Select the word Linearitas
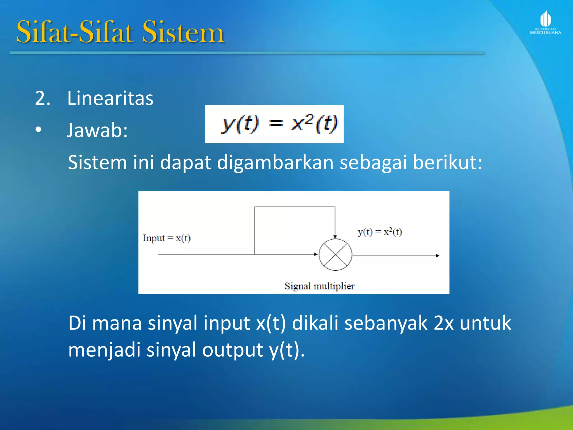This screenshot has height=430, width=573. pyautogui.click(x=110, y=98)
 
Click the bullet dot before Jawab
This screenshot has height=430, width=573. pyautogui.click(x=38, y=130)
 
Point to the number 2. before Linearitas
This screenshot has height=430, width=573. pyautogui.click(x=43, y=98)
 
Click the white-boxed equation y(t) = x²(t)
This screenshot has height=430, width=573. pyautogui.click(x=274, y=124)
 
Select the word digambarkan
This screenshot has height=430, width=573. pyautogui.click(x=275, y=162)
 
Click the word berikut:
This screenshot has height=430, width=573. pyautogui.click(x=447, y=162)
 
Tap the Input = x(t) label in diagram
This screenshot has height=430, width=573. pyautogui.click(x=167, y=238)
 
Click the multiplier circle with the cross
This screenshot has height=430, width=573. pyautogui.click(x=335, y=255)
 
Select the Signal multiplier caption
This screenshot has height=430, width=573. pyautogui.click(x=319, y=286)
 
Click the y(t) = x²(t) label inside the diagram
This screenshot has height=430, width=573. pyautogui.click(x=380, y=232)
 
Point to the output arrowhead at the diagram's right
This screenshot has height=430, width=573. pyautogui.click(x=437, y=255)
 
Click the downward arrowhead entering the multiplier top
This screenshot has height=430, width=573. pyautogui.click(x=335, y=237)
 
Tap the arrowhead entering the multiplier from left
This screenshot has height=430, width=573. pyautogui.click(x=316, y=254)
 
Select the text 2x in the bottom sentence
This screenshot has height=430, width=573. pyautogui.click(x=443, y=323)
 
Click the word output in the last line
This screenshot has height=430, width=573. pyautogui.click(x=233, y=350)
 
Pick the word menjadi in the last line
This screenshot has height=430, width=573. pyautogui.click(x=104, y=350)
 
